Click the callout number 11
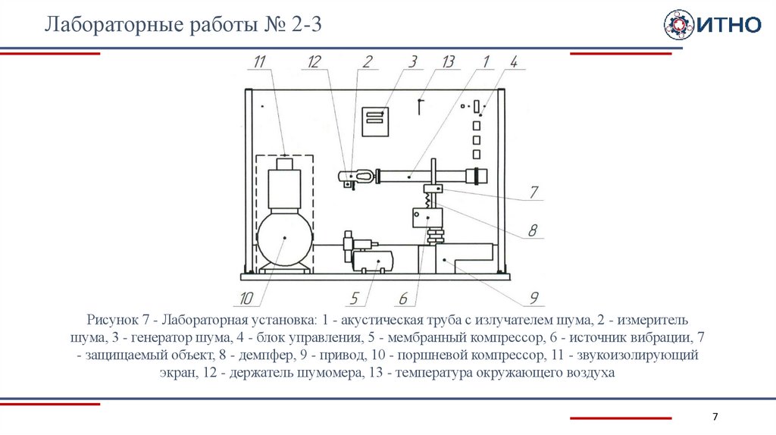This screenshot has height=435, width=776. coord(261,63)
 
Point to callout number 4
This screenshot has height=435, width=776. coord(513,62)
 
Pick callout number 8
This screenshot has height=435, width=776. coord(533,229)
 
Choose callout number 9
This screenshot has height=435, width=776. coord(533,296)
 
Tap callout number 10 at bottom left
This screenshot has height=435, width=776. coord(246,296)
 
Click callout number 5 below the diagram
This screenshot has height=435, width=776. coord(353,296)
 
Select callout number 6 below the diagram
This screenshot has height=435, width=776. coord(403,296)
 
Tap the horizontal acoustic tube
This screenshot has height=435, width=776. coord(424,176)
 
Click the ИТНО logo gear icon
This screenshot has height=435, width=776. coord(678,25)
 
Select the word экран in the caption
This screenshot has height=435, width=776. coord(180,373)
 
